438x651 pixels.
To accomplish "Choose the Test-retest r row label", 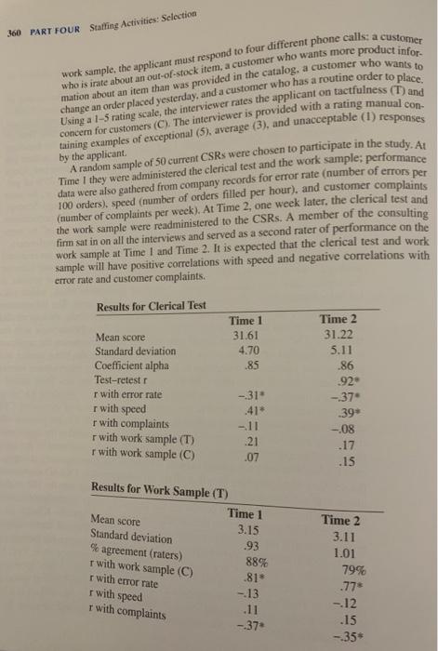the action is (x=126, y=382).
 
